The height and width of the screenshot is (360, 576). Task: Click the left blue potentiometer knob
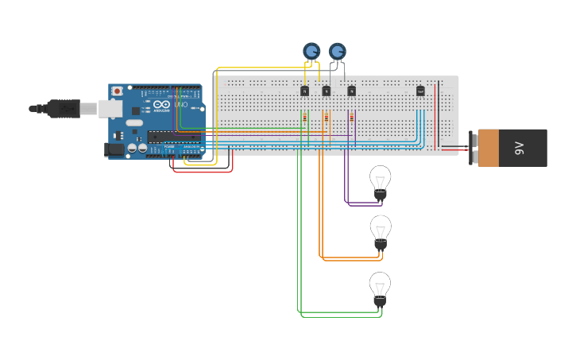coord(311,52)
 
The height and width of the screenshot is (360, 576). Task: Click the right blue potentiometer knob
coord(338,52)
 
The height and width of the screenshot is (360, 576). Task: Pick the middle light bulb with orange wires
coord(381,230)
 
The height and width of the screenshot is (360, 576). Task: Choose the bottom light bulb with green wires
coord(381,287)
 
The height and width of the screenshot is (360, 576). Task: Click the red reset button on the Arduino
coord(118,91)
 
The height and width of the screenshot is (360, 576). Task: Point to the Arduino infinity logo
coord(160,105)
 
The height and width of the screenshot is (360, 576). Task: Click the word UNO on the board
coord(180,105)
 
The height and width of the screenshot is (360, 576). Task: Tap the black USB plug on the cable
coord(64,108)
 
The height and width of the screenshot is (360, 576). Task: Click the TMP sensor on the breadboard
coord(420,91)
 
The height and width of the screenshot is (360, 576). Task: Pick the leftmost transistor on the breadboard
coord(304,91)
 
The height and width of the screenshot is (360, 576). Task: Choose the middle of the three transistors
coord(326,91)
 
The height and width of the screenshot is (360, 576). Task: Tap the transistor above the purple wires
coord(351,91)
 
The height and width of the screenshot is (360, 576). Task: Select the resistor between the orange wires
coord(325,118)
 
